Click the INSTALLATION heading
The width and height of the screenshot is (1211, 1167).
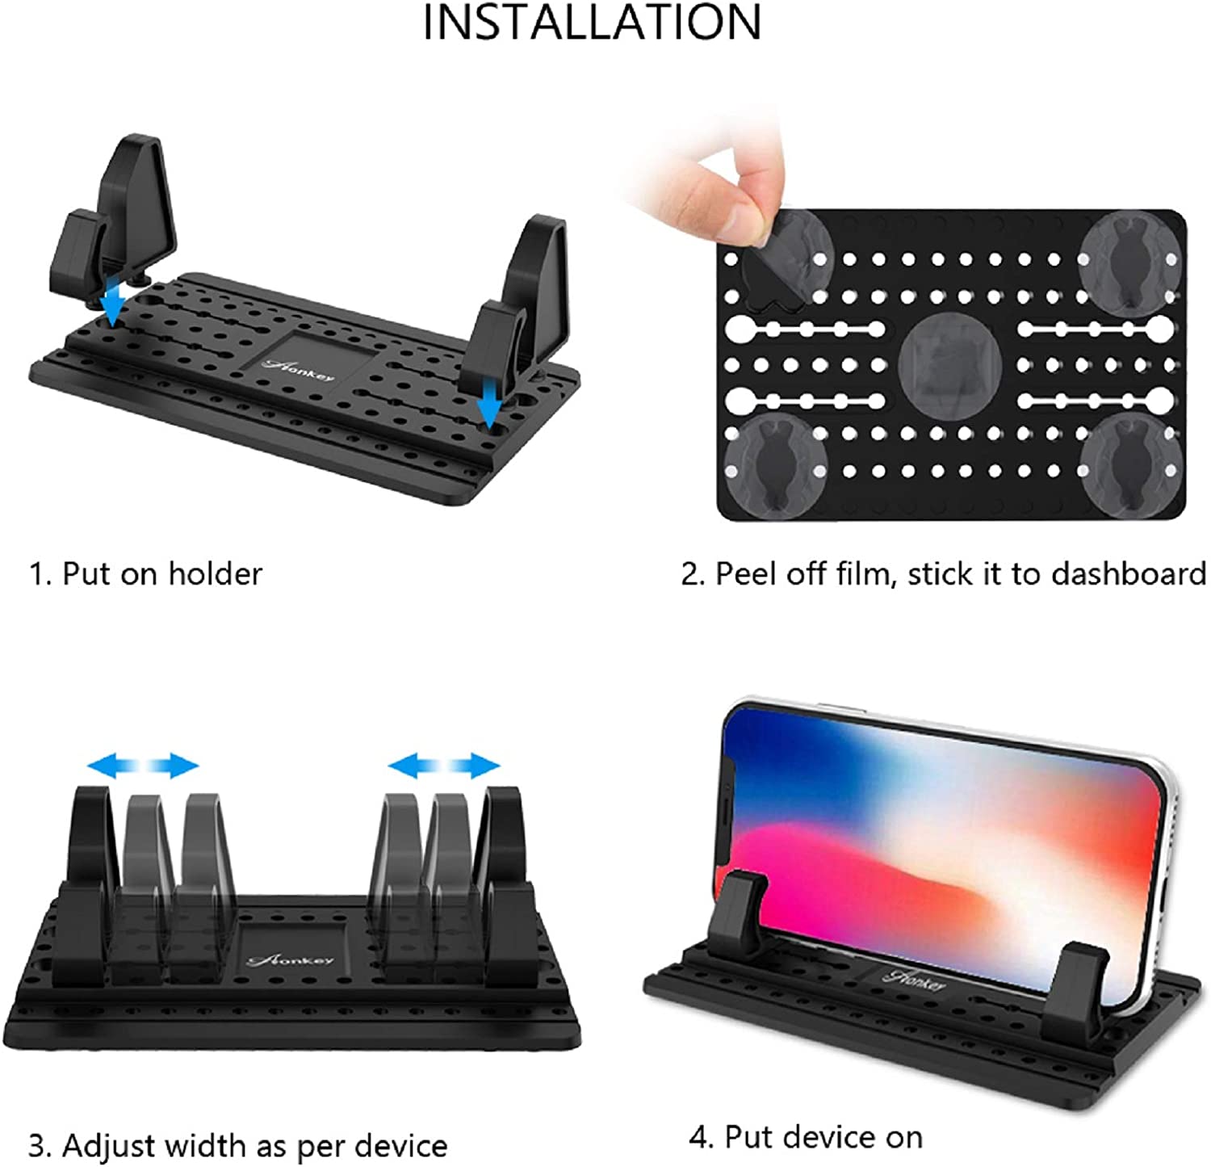592,22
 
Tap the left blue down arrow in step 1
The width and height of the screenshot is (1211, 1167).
113,303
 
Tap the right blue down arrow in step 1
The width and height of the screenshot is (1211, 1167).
488,404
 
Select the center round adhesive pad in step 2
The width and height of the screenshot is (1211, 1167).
949,361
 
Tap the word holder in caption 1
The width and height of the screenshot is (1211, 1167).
215,573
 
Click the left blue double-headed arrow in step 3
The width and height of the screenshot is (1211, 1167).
142,764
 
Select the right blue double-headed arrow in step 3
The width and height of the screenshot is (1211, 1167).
443,764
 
